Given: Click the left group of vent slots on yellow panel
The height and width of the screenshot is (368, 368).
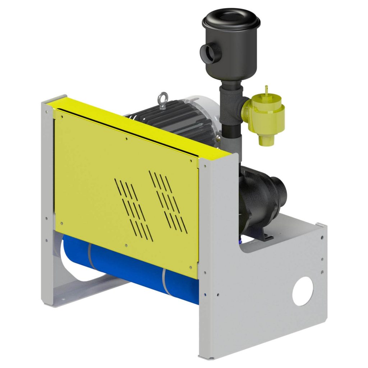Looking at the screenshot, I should (x=132, y=208).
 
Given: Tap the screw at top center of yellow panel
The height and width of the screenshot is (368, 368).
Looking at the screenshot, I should (x=126, y=138).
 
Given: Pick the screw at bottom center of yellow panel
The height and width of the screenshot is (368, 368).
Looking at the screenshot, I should (x=126, y=245).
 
